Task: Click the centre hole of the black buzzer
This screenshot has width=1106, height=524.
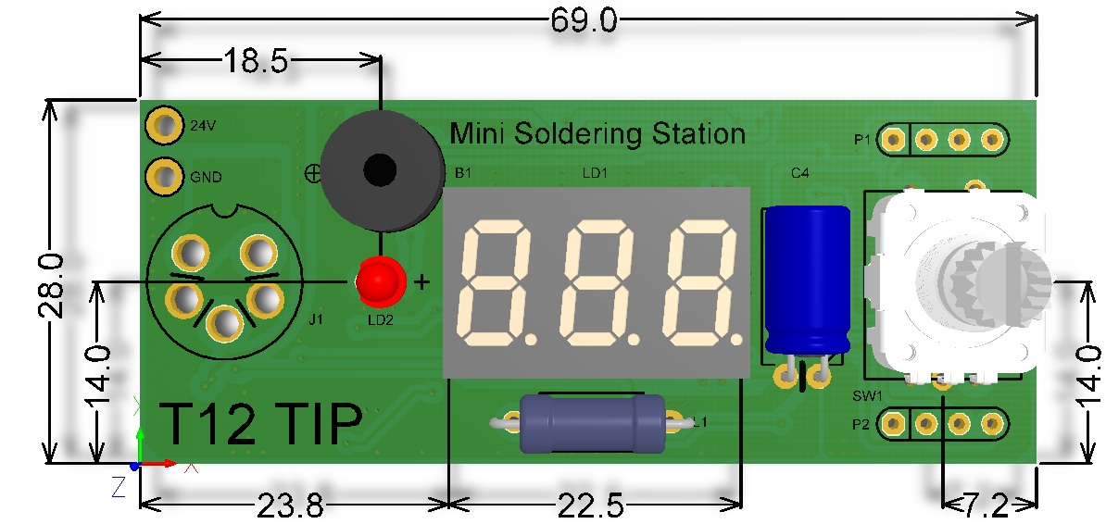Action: click(380, 170)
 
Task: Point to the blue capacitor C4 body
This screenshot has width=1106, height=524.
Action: click(809, 279)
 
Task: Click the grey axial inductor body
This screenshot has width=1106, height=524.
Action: click(592, 423)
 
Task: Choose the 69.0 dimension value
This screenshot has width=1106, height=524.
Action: click(584, 21)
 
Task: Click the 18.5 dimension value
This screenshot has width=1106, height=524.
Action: click(256, 61)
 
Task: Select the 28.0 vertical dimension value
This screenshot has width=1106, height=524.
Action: click(55, 286)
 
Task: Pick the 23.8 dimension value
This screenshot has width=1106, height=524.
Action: click(291, 505)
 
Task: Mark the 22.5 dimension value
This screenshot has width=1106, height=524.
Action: click(591, 505)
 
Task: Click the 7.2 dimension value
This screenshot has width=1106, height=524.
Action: click(991, 505)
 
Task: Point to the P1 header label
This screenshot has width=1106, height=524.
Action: click(862, 141)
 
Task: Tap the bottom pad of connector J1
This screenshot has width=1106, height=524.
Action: click(225, 324)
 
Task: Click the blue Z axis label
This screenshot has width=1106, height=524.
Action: click(118, 487)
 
